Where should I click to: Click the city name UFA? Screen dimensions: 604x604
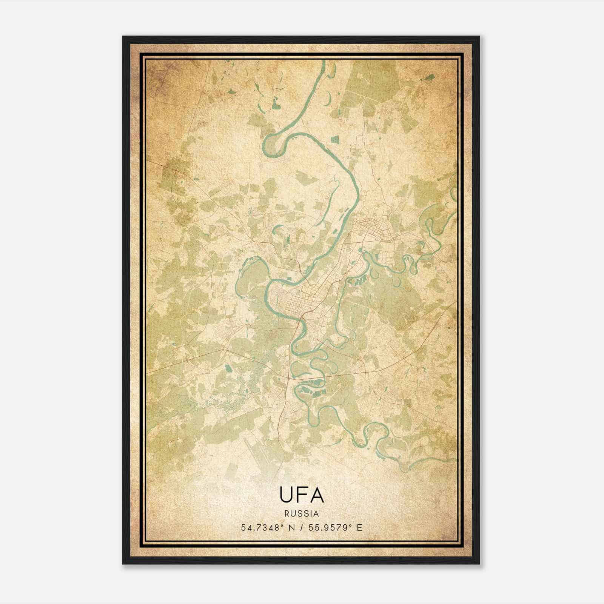click(302, 495)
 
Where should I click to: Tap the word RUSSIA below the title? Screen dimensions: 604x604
click(302, 514)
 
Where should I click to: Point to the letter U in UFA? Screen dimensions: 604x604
click(286, 495)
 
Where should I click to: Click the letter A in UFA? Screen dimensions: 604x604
click(317, 495)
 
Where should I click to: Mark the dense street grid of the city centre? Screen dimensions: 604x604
click(293, 302)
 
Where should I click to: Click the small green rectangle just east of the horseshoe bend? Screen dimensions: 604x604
click(335, 140)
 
